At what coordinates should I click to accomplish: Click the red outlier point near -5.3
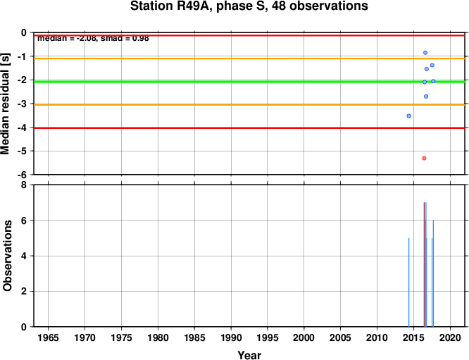tap(424, 158)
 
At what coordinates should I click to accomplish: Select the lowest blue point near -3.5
tap(409, 116)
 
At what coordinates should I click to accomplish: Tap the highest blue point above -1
tap(425, 53)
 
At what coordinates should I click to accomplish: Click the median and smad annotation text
tap(93, 38)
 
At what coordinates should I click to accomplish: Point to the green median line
tap(249, 82)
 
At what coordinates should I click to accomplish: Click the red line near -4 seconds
tap(249, 128)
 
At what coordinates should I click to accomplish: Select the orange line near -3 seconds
tap(249, 105)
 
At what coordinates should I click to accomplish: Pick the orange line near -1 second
tap(249, 58)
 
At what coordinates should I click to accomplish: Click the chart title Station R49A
tap(249, 6)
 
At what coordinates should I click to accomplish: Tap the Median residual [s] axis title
tap(5, 104)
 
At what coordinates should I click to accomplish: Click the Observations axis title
tap(7, 256)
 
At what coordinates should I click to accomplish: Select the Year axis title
tap(249, 355)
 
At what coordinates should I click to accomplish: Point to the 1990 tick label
tap(231, 338)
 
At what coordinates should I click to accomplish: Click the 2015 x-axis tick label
tap(413, 338)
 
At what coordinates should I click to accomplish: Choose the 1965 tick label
tap(48, 338)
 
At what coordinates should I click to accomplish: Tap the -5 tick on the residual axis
tap(23, 151)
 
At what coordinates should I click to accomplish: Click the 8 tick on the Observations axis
tap(24, 185)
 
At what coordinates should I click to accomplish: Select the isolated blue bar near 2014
tap(409, 283)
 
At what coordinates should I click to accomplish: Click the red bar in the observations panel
tap(424, 264)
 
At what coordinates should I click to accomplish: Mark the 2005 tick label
tap(340, 338)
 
